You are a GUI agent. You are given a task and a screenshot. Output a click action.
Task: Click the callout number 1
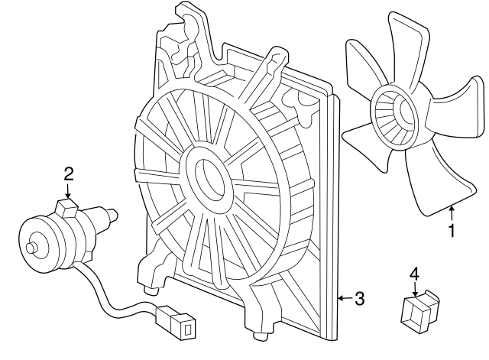point(452,231)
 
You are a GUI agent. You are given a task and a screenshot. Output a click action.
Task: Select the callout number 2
point(69,174)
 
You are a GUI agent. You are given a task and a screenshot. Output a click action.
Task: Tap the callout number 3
point(359,299)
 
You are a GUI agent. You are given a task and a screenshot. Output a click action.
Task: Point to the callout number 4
point(414,274)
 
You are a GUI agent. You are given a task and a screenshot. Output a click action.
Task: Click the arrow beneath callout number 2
point(68,191)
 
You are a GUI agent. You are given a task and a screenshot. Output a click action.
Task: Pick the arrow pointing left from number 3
point(345,298)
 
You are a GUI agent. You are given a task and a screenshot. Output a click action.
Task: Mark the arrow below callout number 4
point(415,290)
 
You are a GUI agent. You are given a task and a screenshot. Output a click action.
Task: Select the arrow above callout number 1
point(452,213)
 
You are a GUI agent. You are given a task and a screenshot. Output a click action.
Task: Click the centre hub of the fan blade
point(394,116)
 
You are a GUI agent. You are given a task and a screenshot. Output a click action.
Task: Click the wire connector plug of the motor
point(176,320)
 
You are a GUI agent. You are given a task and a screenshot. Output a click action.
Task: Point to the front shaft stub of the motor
point(31,248)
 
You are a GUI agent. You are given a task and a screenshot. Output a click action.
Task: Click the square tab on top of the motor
point(68,207)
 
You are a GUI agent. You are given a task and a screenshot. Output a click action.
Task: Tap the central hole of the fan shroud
point(209,179)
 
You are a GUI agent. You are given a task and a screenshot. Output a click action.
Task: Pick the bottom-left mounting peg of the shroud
point(151,290)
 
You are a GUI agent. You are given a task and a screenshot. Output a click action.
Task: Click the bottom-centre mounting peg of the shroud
point(261,337)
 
